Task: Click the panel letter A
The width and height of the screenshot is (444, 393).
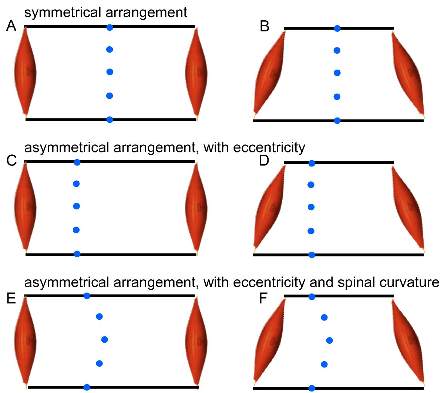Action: pyautogui.click(x=11, y=26)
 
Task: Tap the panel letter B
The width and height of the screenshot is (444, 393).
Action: pyautogui.click(x=265, y=27)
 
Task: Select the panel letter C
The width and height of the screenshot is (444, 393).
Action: pyautogui.click(x=12, y=161)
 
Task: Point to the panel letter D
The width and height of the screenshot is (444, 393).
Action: pyautogui.click(x=264, y=161)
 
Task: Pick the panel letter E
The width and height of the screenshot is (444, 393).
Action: pyautogui.click(x=11, y=298)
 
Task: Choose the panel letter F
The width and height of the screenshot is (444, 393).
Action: pyautogui.click(x=263, y=298)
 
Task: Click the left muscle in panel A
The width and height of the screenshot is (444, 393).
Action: pyautogui.click(x=25, y=71)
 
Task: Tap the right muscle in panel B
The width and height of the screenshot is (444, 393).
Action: pyautogui.click(x=408, y=73)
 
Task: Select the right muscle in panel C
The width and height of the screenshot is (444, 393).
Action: pyautogui.click(x=196, y=206)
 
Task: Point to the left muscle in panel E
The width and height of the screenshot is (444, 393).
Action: pyautogui.click(x=25, y=340)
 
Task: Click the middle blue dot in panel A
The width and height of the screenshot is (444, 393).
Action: pyautogui.click(x=110, y=72)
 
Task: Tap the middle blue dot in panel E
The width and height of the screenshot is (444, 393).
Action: pyautogui.click(x=104, y=339)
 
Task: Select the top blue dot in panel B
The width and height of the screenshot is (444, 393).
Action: pyautogui.click(x=337, y=28)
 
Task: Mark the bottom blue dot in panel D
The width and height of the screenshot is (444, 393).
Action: pyautogui.click(x=312, y=255)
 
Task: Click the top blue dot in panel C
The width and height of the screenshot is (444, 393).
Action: pyautogui.click(x=77, y=162)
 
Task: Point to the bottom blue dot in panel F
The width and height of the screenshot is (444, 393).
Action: pyautogui.click(x=312, y=388)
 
